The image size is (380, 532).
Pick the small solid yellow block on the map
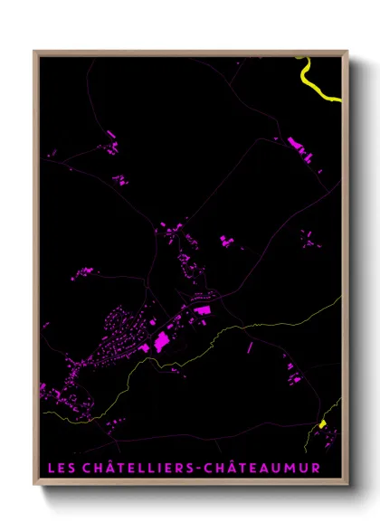321,423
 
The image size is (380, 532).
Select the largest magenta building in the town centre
162,341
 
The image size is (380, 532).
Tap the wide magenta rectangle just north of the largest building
201,309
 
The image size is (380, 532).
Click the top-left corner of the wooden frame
35,52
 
